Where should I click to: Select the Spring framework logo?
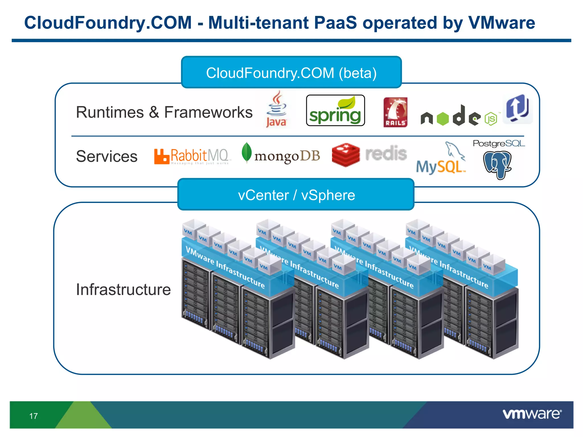tap(335, 111)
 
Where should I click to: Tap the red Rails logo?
tap(395, 112)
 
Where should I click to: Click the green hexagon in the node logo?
tap(443, 119)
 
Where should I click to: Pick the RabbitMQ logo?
tap(191, 156)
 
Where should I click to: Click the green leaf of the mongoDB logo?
tap(247, 152)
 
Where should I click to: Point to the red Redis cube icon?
tap(346, 154)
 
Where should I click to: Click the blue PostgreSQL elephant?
tap(497, 164)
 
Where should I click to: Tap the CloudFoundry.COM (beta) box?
tap(291, 73)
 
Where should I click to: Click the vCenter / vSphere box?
tap(296, 195)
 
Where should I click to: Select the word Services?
tap(107, 156)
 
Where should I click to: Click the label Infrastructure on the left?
tap(123, 290)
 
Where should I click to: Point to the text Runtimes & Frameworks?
tap(164, 112)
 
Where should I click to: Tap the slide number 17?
tap(33, 416)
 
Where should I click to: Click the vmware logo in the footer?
tap(532, 414)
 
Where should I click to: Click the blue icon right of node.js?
tap(518, 109)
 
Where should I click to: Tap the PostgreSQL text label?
tap(499, 143)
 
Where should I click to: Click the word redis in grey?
tap(386, 153)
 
